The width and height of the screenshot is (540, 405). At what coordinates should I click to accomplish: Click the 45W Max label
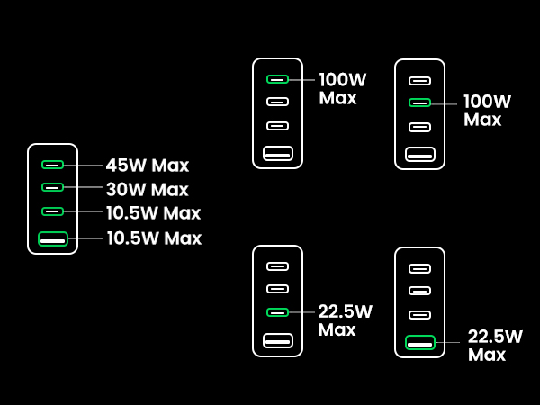point(147,166)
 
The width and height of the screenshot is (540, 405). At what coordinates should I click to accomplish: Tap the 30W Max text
point(147,190)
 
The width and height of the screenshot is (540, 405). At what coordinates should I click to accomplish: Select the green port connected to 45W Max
point(53,165)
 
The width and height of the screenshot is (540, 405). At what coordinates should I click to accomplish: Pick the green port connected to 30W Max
point(53,187)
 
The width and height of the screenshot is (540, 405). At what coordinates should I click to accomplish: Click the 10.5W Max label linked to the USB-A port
point(154,238)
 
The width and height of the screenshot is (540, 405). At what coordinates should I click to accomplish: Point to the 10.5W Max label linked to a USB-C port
point(153,213)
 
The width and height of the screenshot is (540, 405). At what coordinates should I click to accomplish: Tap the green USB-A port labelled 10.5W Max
point(53,239)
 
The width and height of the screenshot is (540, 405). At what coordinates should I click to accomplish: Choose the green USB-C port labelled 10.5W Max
point(53,211)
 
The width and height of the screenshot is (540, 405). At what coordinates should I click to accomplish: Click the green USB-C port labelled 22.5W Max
point(277,312)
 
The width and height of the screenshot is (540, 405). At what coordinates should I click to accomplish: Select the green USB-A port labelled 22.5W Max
point(419,342)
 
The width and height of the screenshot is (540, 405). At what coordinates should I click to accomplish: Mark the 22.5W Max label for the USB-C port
point(345,320)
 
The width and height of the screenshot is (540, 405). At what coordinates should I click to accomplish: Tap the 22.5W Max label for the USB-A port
point(495,346)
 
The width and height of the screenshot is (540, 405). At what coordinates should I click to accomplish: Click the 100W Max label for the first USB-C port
point(344,88)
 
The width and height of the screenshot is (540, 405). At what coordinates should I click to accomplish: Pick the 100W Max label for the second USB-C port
point(487,111)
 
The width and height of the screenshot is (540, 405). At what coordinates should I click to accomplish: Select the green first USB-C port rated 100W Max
point(277,79)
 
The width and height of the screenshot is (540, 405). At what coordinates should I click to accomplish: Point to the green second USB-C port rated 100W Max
point(419,103)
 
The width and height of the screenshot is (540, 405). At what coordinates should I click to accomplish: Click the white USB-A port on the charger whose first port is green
point(277,154)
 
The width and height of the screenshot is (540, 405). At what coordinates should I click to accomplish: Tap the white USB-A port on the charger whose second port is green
point(419,155)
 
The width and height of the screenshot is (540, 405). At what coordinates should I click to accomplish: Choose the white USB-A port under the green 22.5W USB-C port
point(277,340)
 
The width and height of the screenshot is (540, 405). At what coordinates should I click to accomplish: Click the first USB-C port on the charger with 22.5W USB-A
point(419,268)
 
